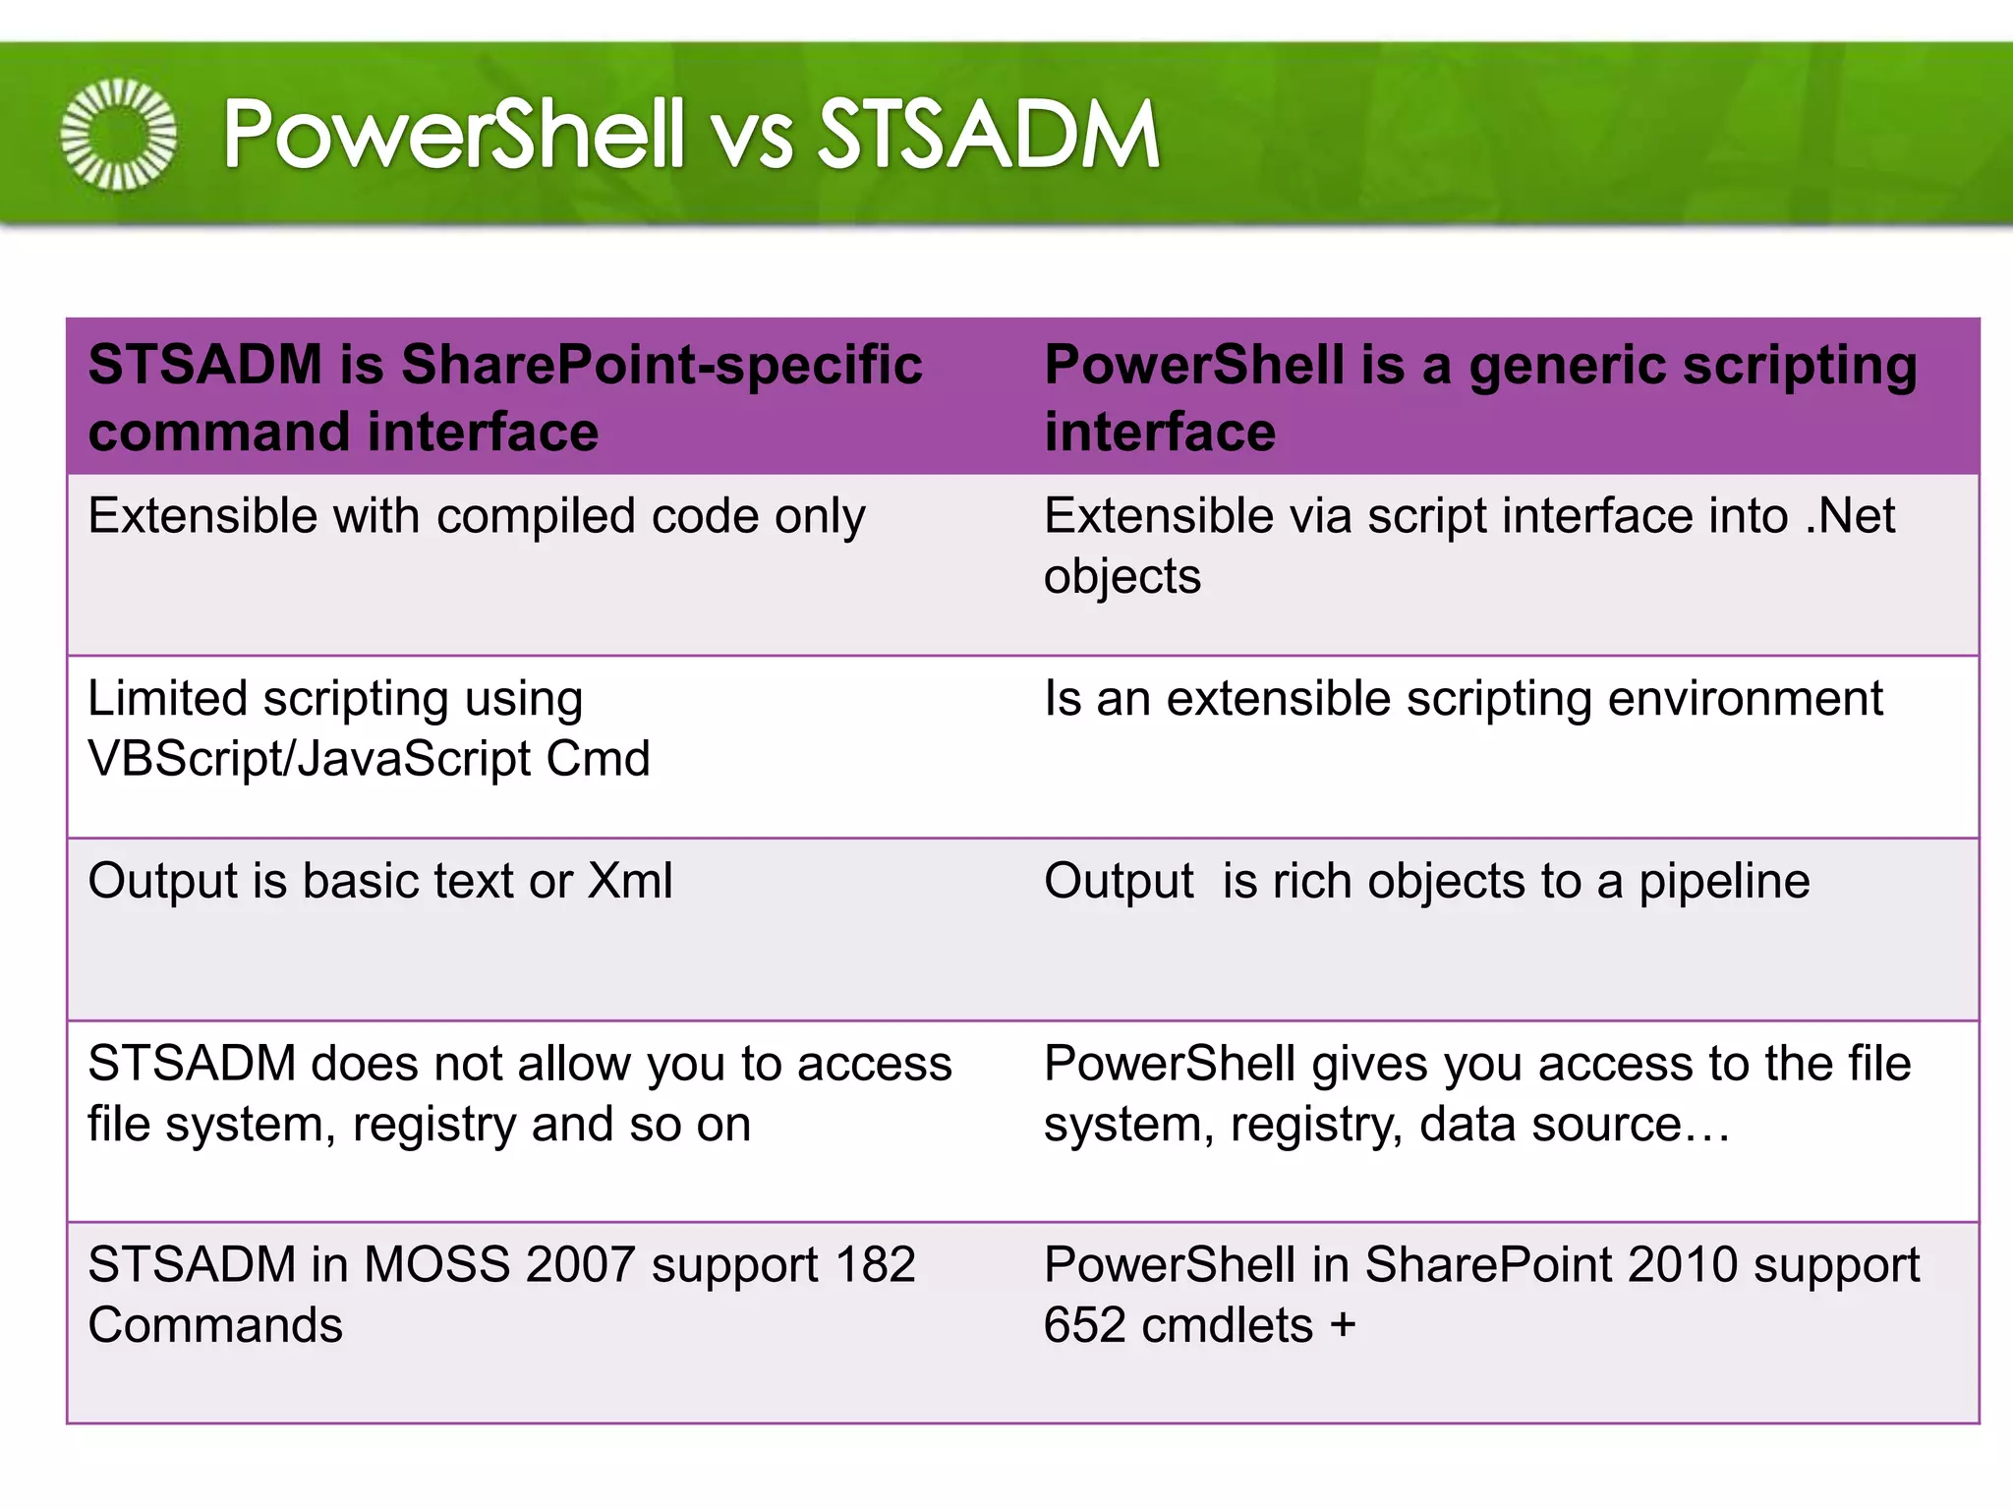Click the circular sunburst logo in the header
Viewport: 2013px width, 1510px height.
pyautogui.click(x=119, y=135)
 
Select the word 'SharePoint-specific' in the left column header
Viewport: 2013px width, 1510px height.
pyautogui.click(x=661, y=366)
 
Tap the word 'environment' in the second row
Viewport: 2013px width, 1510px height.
pyautogui.click(x=1746, y=699)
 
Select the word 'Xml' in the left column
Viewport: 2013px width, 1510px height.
pyautogui.click(x=630, y=882)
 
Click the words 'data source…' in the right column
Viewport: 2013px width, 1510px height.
pyautogui.click(x=1575, y=1125)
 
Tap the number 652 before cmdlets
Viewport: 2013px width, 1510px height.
pyautogui.click(x=1084, y=1326)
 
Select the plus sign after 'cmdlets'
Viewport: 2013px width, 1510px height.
pyautogui.click(x=1343, y=1326)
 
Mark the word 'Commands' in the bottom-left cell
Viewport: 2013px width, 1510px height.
pyautogui.click(x=215, y=1326)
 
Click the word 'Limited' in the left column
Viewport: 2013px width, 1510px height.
pyautogui.click(x=167, y=699)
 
